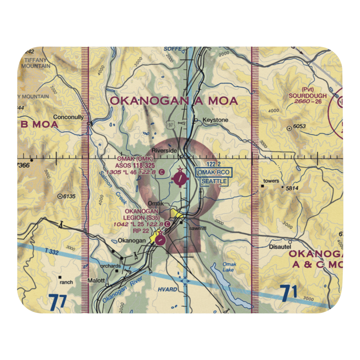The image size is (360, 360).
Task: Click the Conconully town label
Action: tap(68, 117)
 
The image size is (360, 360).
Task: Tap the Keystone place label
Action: tap(215, 120)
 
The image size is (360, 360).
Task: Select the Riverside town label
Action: tap(164, 151)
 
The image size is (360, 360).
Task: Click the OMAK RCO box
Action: tap(213, 172)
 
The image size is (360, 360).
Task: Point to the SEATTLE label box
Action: tap(214, 181)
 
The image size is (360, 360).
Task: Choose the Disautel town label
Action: tap(280, 247)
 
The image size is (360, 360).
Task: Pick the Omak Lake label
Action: tap(229, 267)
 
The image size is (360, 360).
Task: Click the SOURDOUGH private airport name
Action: tap(308, 96)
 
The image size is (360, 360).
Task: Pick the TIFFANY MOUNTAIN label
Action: tap(36, 63)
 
